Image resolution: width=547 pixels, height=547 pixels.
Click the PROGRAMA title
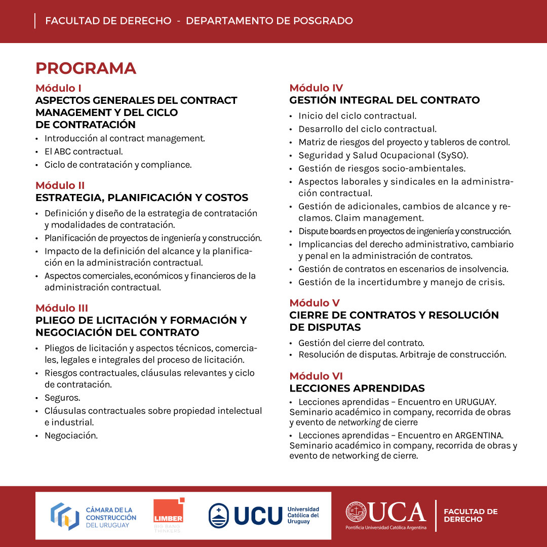point(86,68)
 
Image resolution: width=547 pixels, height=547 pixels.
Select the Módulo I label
point(58,88)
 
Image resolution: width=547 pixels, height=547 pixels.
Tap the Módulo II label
point(60,185)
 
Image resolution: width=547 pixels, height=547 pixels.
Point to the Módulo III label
point(62,308)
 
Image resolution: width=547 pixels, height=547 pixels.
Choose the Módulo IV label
point(316,88)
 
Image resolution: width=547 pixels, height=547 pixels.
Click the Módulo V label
point(315,303)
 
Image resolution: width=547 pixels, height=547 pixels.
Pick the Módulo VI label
point(316,376)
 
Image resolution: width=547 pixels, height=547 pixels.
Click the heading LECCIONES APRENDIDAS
point(357,388)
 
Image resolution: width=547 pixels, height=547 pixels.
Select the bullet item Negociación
point(71,435)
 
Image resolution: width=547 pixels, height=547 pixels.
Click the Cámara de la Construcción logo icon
point(64,516)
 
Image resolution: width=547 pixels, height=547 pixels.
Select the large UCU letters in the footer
point(258,516)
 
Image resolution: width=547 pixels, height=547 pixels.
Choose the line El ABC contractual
point(84,151)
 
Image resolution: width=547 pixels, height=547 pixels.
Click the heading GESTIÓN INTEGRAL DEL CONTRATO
point(384,100)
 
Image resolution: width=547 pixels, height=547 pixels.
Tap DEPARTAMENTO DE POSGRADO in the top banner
point(269,21)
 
